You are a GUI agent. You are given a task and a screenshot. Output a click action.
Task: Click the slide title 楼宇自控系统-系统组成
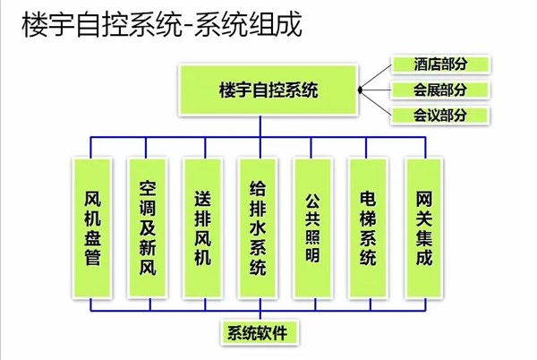162,24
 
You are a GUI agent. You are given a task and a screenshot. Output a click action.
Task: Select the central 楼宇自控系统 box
268,90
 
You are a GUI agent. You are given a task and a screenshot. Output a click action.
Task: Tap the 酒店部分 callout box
439,64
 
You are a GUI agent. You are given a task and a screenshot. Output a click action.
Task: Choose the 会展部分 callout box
439,90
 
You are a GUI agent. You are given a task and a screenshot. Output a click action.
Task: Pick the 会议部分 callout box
439,115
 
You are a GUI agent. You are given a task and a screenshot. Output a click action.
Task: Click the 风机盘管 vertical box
92,229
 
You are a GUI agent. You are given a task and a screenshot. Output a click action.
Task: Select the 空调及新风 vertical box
148,229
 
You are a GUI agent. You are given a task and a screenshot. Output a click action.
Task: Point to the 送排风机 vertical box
203,229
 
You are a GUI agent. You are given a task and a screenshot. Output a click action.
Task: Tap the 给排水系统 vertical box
259,229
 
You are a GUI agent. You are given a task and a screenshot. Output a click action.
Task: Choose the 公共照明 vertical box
313,229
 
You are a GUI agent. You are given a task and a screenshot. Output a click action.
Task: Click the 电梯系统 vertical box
369,229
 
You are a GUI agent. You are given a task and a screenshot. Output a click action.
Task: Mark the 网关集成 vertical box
424,229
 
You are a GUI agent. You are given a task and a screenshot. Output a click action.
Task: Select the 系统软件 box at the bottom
258,333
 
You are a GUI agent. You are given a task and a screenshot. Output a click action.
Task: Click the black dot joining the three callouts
359,90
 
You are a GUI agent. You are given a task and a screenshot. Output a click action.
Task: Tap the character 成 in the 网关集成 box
424,259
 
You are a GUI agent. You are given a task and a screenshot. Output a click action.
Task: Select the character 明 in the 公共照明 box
313,259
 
